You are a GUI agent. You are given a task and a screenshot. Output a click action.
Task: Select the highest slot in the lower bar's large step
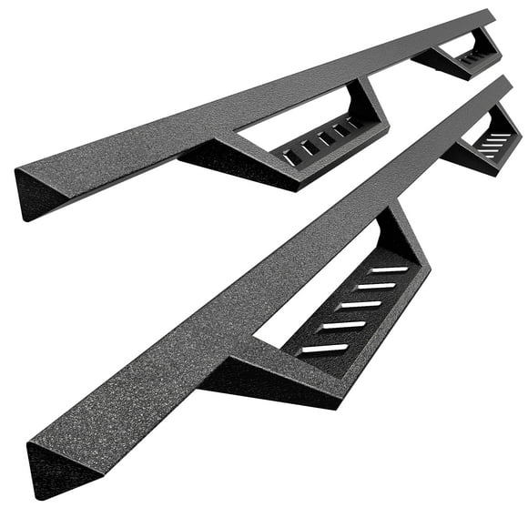pos(389,269)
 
